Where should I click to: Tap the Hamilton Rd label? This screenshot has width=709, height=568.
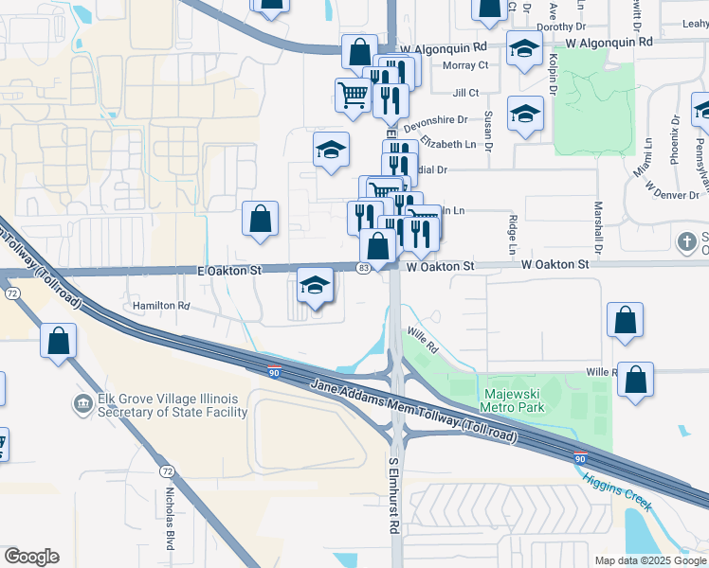tap(161, 306)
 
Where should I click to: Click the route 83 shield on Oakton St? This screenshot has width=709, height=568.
tap(363, 269)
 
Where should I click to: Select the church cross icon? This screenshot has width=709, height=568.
tap(686, 241)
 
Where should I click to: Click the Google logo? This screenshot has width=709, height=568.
tap(31, 557)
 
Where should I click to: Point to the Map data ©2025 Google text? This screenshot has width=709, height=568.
tap(651, 560)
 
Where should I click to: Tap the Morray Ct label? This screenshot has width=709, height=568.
tap(470, 65)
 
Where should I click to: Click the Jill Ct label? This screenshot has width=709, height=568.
tap(465, 93)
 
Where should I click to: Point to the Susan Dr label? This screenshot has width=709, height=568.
tap(488, 132)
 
